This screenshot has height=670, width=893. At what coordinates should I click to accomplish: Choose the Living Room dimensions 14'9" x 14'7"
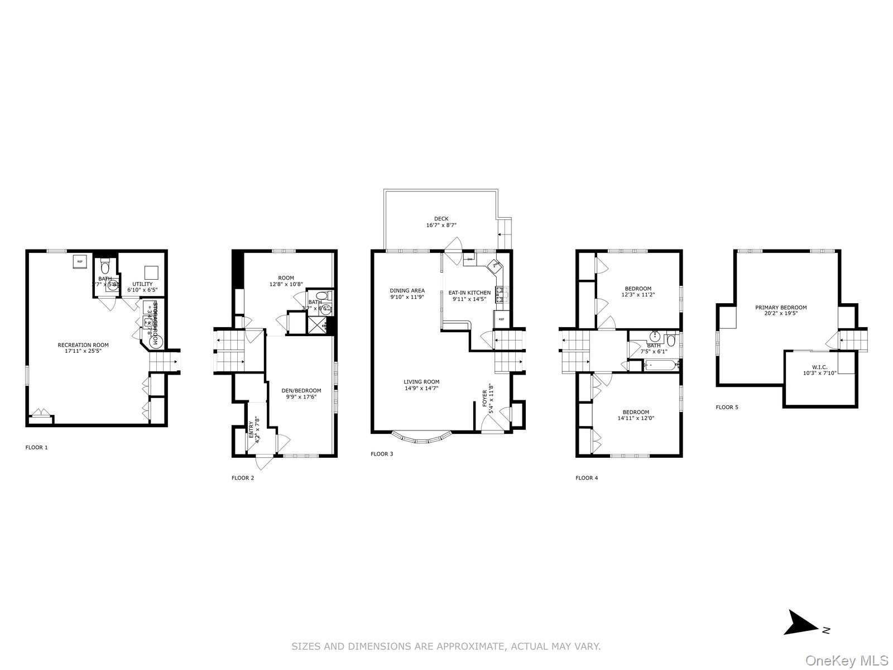click(x=421, y=387)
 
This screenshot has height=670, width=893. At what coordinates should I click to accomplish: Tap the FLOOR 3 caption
click(x=382, y=454)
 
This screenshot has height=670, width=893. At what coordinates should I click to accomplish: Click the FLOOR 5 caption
click(x=727, y=407)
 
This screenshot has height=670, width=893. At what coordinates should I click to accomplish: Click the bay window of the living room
click(x=420, y=437)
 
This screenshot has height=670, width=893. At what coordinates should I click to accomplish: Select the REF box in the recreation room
click(x=80, y=262)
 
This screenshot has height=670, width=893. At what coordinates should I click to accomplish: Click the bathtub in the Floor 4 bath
click(x=661, y=365)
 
